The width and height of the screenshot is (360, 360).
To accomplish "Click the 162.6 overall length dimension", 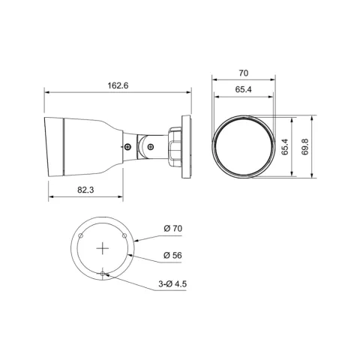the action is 118,85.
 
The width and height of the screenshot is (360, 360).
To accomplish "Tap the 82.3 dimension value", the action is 85,190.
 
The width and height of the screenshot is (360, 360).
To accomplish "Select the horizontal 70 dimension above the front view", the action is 244,73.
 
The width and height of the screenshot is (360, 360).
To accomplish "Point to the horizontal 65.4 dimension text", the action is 243,89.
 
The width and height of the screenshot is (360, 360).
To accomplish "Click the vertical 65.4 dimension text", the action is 285,147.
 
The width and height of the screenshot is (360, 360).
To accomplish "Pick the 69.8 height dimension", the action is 305,147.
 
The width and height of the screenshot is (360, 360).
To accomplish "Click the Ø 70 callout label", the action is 173,228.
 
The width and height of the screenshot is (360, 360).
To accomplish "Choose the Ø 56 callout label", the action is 172,255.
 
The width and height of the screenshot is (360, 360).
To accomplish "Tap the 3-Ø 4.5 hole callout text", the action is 172,284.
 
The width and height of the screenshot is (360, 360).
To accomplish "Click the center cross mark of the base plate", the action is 103,249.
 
